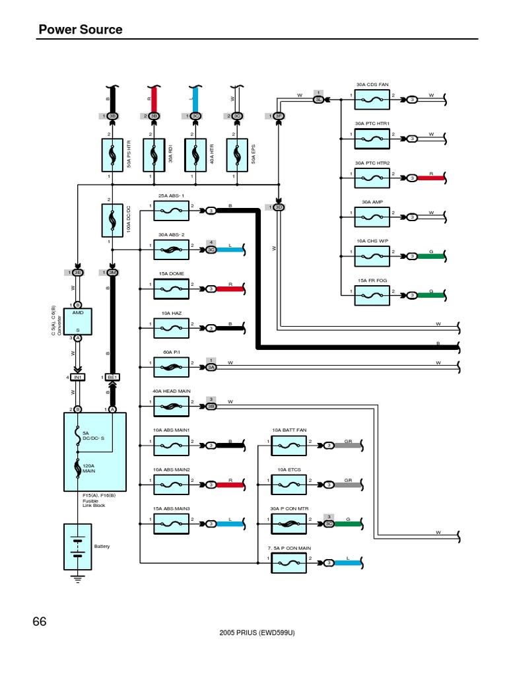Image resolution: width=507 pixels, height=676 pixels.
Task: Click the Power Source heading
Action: tap(81, 29)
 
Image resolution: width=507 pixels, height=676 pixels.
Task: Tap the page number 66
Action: tap(40, 621)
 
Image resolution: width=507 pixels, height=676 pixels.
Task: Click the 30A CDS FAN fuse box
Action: tap(373, 100)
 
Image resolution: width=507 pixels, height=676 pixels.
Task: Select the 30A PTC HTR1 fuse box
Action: tap(373, 139)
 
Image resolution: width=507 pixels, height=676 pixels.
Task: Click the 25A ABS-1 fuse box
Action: tap(172, 211)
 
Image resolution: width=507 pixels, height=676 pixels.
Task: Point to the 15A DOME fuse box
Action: tap(172, 288)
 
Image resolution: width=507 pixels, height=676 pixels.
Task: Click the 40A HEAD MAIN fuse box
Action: tap(172, 405)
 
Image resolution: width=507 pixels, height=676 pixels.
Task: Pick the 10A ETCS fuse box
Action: tap(289, 484)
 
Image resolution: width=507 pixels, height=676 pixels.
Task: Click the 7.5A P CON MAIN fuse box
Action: tap(289, 562)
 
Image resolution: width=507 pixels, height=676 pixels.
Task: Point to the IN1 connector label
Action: tap(77, 377)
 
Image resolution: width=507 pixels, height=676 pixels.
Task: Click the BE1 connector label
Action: tap(112, 377)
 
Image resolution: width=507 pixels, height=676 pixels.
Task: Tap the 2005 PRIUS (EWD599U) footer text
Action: tap(256, 632)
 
